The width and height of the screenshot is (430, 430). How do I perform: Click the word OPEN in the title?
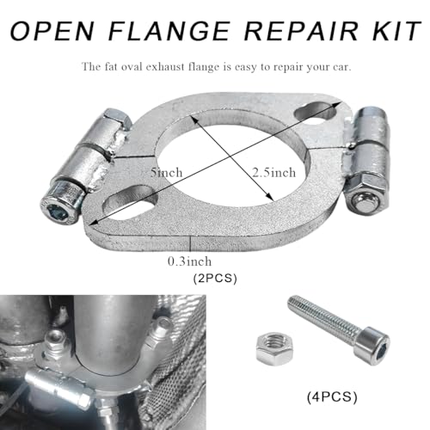point(52,30)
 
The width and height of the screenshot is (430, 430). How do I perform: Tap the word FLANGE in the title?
point(169,30)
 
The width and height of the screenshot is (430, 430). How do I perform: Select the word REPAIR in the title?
point(302,30)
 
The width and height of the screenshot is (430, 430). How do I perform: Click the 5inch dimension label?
point(167,173)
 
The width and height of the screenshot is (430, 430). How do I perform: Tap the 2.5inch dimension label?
point(273,173)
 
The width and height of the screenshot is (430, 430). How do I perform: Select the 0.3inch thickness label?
point(189,261)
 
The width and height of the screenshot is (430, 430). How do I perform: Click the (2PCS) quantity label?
point(215,278)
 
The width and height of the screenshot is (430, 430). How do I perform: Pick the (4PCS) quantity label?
point(332,397)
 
